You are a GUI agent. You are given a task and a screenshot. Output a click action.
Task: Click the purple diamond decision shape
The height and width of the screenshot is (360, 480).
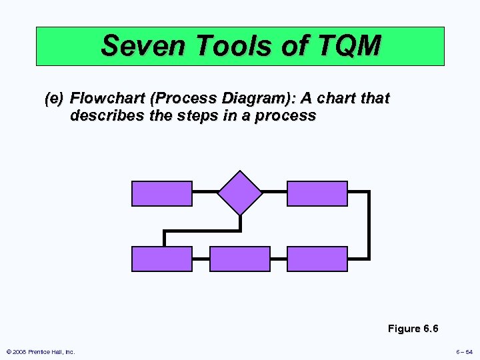tap(240, 193)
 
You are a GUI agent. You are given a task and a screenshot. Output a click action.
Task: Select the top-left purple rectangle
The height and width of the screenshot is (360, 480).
tap(162, 193)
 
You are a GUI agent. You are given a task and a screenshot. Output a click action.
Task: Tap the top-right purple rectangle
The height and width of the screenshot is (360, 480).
tap(317, 193)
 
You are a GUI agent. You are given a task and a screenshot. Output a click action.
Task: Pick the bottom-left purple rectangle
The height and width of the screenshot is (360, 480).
tap(162, 259)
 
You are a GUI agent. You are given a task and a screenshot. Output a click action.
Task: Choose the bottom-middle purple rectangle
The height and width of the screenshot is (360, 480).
tap(240, 259)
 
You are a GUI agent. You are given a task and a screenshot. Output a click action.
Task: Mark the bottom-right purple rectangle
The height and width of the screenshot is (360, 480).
tap(317, 259)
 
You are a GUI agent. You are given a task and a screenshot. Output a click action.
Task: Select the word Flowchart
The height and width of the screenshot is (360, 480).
tap(108, 99)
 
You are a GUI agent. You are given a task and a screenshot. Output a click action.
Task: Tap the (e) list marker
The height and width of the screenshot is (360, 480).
tap(53, 99)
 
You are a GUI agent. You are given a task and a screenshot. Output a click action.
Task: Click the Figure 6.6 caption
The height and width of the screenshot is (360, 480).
tap(413, 329)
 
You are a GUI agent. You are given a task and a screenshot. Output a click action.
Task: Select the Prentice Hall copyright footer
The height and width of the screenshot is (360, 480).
tap(40, 351)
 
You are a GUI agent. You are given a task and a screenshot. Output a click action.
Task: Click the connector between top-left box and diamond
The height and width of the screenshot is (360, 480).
tap(205, 192)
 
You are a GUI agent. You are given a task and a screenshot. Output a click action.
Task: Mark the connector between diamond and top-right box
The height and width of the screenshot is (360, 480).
tap(275, 192)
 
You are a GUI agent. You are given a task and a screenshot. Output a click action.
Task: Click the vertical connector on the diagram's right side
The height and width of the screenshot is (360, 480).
tap(369, 225)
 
